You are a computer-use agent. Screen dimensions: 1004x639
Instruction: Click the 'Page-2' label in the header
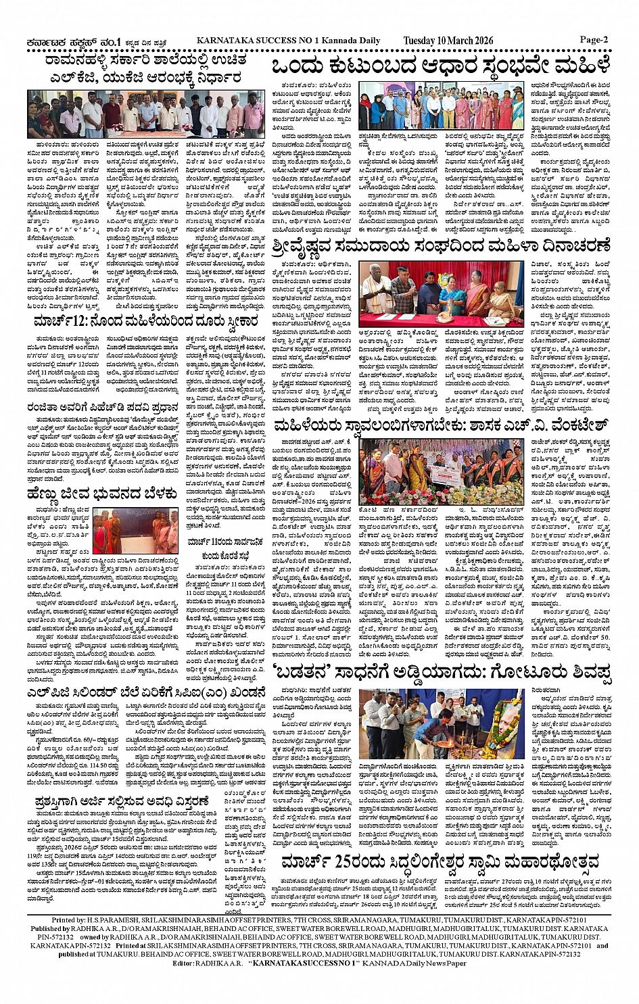(x=594, y=39)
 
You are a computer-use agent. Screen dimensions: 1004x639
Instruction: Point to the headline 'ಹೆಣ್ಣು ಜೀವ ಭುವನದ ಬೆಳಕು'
(x=102, y=494)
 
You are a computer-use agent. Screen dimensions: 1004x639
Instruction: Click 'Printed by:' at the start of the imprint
(x=68, y=921)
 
